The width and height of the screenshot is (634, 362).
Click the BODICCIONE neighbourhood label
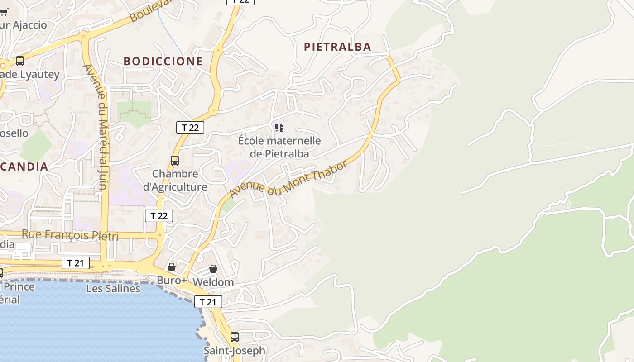pos(163,61)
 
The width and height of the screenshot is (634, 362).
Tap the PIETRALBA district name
pos(337,47)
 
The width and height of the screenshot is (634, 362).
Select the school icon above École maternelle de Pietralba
pos(279,128)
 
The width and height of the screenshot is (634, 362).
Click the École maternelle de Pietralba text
pos(279,147)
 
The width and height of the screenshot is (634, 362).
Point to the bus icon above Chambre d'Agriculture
pos(175,160)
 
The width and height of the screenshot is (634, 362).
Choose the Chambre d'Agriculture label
pos(175,180)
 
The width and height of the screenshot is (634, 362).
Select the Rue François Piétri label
pos(70,235)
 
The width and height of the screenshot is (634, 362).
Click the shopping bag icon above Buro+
pos(172,267)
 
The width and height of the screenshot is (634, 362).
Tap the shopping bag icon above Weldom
pos(213,269)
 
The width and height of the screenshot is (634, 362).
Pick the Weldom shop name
pos(213,282)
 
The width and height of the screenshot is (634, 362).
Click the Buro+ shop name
pos(172,280)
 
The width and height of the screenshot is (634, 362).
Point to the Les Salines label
pos(113,288)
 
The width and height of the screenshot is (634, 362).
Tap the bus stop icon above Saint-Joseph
pos(234,337)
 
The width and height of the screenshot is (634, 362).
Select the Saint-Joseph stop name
pos(234,350)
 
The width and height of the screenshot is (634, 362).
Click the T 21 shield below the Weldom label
pos(208,302)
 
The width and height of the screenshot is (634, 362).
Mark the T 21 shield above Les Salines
pos(76,263)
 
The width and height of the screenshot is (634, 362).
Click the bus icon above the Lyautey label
pos(20,61)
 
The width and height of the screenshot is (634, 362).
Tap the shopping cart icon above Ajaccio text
pos(4,12)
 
